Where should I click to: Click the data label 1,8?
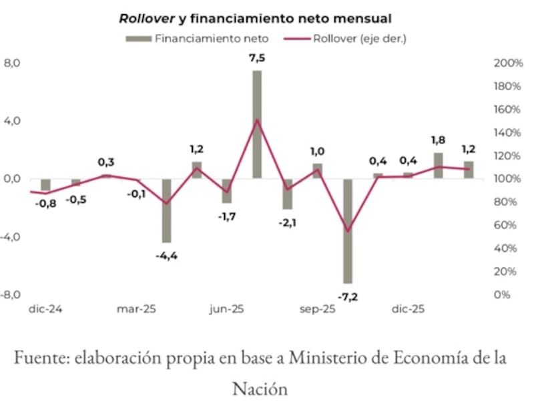pyautogui.click(x=438, y=140)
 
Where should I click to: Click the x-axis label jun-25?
pyautogui.click(x=227, y=309)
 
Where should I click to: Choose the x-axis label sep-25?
pyautogui.click(x=317, y=309)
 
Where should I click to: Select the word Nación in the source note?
pyautogui.click(x=260, y=389)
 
